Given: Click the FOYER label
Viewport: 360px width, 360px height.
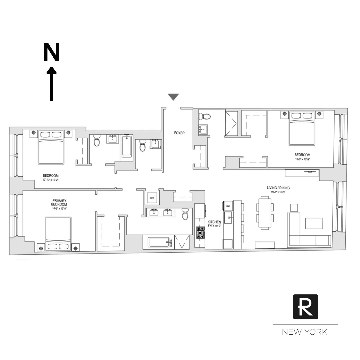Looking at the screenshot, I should (179, 133).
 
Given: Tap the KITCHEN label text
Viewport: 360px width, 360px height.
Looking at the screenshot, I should (214, 222).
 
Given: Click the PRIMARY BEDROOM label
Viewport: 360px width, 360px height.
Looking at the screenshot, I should (59, 202).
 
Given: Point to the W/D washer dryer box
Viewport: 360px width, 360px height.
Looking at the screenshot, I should (152, 198).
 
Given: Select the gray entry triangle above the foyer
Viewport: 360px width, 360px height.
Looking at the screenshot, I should (173, 97).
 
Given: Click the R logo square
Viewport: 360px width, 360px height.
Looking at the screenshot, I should (305, 307).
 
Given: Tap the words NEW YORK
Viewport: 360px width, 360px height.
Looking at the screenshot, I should (305, 332).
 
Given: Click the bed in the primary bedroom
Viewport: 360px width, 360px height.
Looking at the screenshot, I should (58, 233).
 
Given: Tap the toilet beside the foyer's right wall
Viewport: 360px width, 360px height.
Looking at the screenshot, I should (204, 117).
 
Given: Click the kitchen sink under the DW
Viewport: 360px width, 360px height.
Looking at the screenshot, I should (229, 219).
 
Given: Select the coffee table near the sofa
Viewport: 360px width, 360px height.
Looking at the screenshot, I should (314, 223).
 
